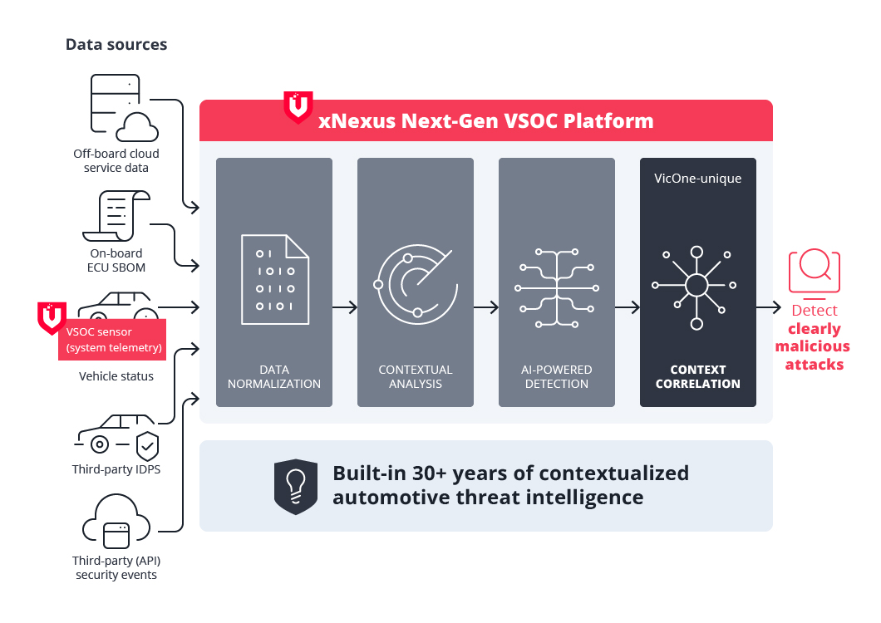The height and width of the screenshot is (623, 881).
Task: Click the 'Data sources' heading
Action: [x=116, y=45]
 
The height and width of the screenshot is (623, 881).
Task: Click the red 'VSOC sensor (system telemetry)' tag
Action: [x=112, y=340]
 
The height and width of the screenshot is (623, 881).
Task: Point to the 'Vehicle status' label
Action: [x=116, y=376]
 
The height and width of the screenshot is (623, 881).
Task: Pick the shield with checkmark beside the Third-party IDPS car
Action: [x=147, y=445]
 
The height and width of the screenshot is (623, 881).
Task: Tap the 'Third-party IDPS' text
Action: [x=116, y=470]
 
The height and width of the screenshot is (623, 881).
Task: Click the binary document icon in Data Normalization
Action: [x=274, y=280]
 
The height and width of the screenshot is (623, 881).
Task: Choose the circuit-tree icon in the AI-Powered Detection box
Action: [x=557, y=287]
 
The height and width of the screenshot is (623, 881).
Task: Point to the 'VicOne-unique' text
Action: [x=697, y=179]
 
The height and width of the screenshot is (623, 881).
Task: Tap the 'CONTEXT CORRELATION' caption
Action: [x=697, y=376]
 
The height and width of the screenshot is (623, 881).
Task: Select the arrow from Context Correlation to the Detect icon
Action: [x=769, y=307]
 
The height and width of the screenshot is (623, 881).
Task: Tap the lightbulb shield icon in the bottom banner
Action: [x=296, y=487]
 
